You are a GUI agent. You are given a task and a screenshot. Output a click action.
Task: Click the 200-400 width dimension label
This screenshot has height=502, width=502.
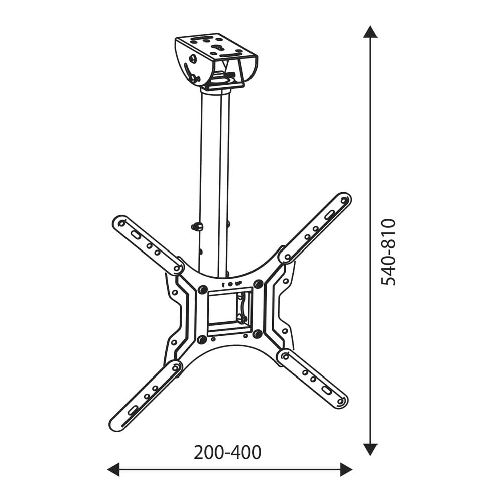pyautogui.click(x=227, y=452)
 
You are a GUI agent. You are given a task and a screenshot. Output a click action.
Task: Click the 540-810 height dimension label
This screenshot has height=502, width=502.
pyautogui.click(x=388, y=252)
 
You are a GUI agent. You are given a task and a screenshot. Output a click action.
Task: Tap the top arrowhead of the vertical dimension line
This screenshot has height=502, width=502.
pyautogui.click(x=370, y=32)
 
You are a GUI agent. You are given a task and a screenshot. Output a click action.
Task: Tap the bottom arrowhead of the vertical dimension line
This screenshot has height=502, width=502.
pyautogui.click(x=370, y=449)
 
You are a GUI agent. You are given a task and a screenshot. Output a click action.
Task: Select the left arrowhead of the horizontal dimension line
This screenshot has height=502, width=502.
pyautogui.click(x=113, y=470)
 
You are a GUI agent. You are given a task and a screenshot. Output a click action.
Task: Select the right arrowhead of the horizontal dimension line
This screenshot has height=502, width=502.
pyautogui.click(x=346, y=470)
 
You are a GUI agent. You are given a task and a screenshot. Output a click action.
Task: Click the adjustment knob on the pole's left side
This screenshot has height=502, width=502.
pyautogui.click(x=197, y=227)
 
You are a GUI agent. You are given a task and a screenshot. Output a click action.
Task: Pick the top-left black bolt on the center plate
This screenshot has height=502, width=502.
pyautogui.click(x=202, y=290)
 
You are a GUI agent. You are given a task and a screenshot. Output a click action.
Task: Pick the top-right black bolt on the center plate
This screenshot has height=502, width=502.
pyautogui.click(x=258, y=285)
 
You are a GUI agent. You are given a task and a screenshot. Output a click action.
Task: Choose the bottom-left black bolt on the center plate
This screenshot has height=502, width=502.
pyautogui.click(x=202, y=340)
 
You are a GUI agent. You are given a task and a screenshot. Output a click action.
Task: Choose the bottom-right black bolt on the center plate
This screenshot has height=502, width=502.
pyautogui.click(x=258, y=333)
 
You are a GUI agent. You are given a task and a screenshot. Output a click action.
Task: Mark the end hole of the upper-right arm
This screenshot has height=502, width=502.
pyautogui.click(x=344, y=200)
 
